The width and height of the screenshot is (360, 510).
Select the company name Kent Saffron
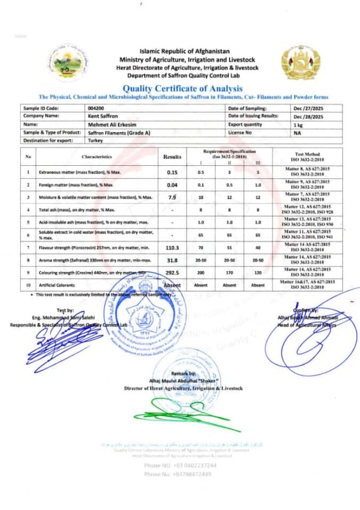pyautogui.click(x=103, y=116)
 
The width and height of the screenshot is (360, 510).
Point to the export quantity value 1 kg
pyautogui.click(x=298, y=124)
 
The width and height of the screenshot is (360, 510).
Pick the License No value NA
pyautogui.click(x=297, y=133)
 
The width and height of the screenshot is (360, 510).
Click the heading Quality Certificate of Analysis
pyautogui.click(x=182, y=89)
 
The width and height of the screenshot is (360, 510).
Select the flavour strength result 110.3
pyautogui.click(x=172, y=248)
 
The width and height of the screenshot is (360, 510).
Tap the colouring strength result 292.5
pyautogui.click(x=172, y=273)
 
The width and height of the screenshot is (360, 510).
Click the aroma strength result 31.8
pyautogui.click(x=172, y=260)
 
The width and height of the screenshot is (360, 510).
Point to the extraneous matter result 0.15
pyautogui.click(x=172, y=173)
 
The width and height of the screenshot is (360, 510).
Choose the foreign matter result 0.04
pyautogui.click(x=172, y=185)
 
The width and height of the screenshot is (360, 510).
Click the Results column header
pyautogui.click(x=172, y=157)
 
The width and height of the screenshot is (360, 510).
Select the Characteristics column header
pyautogui.click(x=97, y=157)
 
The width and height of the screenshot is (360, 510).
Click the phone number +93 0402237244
pyautogui.click(x=180, y=465)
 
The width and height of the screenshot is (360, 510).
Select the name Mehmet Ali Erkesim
pyautogui.click(x=112, y=124)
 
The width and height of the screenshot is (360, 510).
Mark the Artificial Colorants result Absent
pyautogui.click(x=172, y=285)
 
